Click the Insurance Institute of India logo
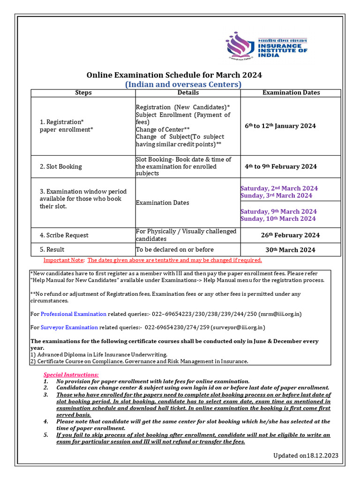266,46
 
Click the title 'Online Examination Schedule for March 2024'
174,75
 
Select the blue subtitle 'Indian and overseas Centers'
183,84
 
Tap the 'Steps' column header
83,93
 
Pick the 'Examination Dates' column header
291,93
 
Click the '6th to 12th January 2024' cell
280,126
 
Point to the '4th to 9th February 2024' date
280,166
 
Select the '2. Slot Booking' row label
60,166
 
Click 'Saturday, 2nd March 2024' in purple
279,188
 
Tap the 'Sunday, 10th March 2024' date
278,219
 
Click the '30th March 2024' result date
290,250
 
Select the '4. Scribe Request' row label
64,235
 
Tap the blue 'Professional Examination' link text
74,314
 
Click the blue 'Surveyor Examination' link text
69,328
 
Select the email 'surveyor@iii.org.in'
238,328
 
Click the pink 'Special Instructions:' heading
71,375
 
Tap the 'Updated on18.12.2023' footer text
306,456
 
